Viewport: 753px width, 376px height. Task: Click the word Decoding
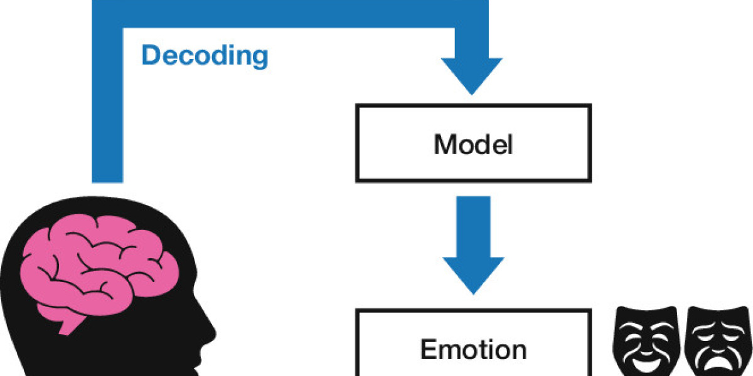pyautogui.click(x=205, y=55)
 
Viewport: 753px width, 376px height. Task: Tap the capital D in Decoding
pyautogui.click(x=151, y=55)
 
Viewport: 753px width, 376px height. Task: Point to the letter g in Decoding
pyautogui.click(x=259, y=58)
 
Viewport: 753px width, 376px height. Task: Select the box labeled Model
pyautogui.click(x=473, y=144)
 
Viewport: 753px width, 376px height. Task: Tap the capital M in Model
pyautogui.click(x=445, y=145)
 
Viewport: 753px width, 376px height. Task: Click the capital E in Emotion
pyautogui.click(x=428, y=349)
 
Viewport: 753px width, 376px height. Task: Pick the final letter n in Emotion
pyautogui.click(x=518, y=350)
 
